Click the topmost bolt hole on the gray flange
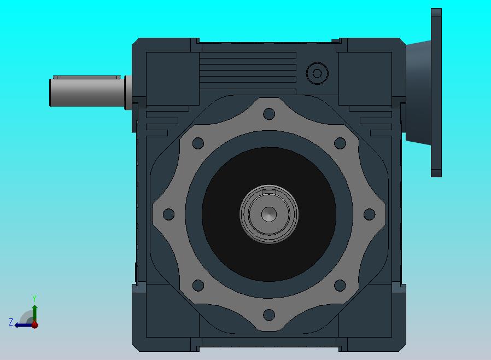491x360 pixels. click(269, 114)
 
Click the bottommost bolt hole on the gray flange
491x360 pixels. click(269, 315)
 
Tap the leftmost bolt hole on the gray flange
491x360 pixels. click(169, 214)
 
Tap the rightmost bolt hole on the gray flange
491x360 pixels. click(370, 214)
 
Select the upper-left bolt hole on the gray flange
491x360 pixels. click(198, 143)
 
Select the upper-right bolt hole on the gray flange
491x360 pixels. click(340, 143)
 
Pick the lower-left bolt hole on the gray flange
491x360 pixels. click(198, 286)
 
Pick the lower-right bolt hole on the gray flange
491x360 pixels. click(340, 286)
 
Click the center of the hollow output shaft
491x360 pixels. click(269, 214)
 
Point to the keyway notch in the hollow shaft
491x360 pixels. click(269, 191)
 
